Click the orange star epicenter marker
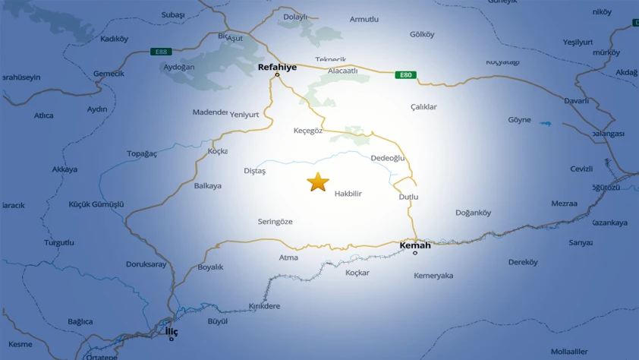point(317,182)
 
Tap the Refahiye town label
point(277,67)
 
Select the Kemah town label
point(415,245)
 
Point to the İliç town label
point(172,331)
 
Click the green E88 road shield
point(160,52)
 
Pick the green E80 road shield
point(405,75)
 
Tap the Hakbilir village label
point(348,194)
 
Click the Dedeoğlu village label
point(387,158)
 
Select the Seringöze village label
point(275,222)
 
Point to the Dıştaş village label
point(254,171)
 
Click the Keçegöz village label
point(308,131)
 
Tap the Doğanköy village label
point(474,213)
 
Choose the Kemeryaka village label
point(433,276)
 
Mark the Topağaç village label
point(141,153)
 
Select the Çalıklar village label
point(423,107)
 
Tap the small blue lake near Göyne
point(546,123)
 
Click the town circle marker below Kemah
point(415,253)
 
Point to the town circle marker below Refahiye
point(277,74)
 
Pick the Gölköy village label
point(422,34)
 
